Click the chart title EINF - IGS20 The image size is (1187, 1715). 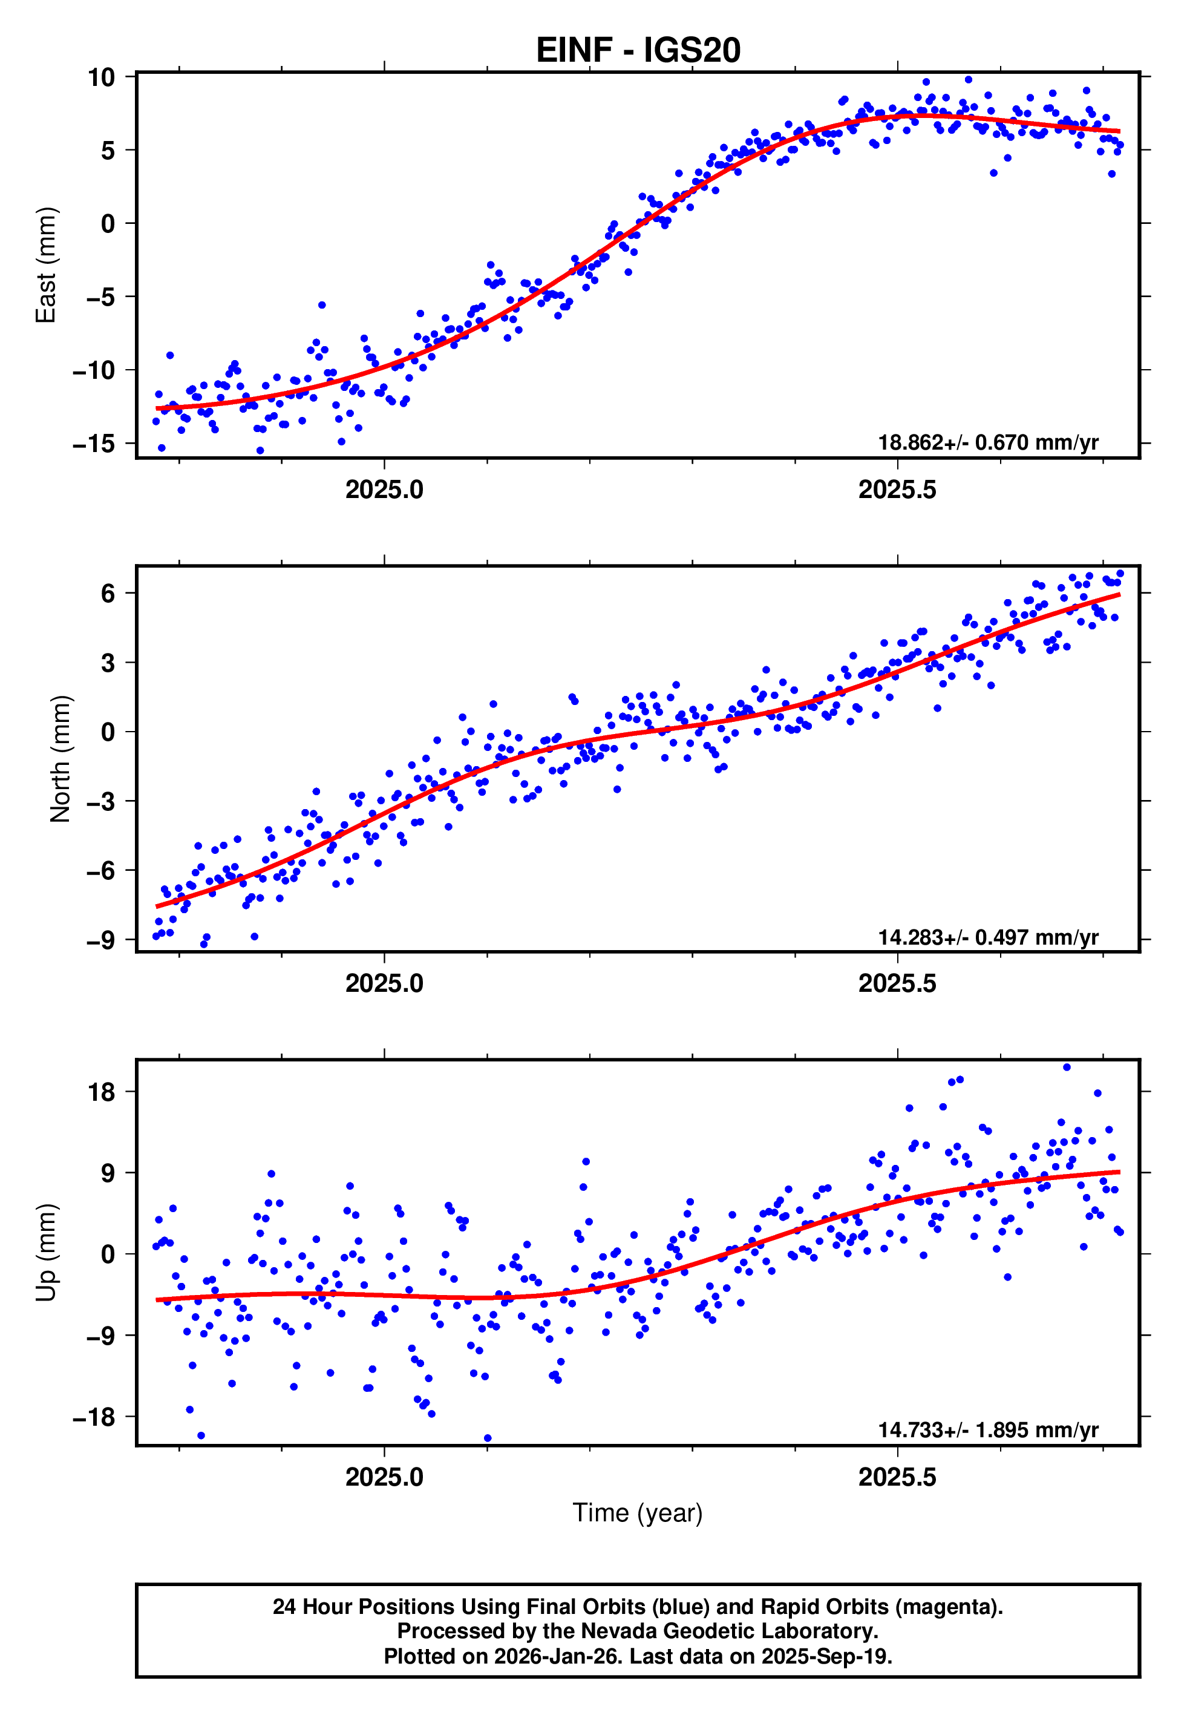638,51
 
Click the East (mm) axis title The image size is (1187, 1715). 46,265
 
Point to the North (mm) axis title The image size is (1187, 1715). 60,759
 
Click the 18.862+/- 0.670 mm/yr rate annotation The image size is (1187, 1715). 988,442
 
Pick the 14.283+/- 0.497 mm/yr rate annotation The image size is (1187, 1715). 988,937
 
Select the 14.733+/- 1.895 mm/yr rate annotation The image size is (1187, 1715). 988,1430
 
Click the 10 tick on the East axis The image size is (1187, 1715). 101,77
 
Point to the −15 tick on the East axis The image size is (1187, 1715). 94,444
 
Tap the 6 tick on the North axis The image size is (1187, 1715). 108,594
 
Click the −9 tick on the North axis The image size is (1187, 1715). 101,941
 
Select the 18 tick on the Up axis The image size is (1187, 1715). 101,1092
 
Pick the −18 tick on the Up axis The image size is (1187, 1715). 94,1417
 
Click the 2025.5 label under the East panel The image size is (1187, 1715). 897,490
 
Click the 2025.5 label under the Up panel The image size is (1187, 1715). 897,1477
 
